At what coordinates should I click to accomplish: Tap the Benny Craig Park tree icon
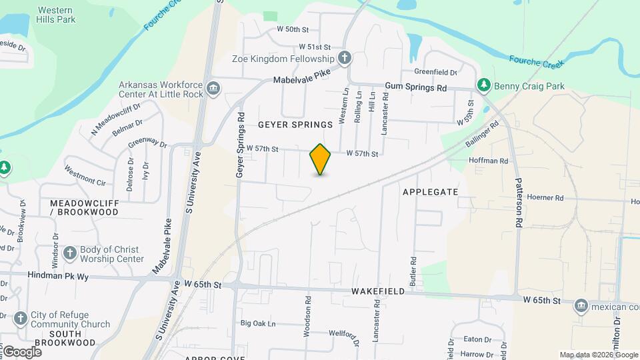coord(484,85)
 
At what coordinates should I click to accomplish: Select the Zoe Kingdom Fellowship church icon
coord(344,58)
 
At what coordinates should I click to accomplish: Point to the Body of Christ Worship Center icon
coord(70,253)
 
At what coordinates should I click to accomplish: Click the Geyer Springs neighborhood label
coord(295,125)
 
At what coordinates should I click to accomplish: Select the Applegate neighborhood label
coord(430,192)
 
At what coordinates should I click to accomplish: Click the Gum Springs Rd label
coord(416,87)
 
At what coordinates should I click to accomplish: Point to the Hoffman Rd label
coord(489,161)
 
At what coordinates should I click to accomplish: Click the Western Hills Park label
coord(56,15)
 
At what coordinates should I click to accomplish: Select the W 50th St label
coord(293,29)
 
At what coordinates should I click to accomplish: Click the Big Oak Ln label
coord(258,323)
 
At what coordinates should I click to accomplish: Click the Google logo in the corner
coord(22,351)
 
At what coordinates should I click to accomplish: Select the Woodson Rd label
coord(308,316)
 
